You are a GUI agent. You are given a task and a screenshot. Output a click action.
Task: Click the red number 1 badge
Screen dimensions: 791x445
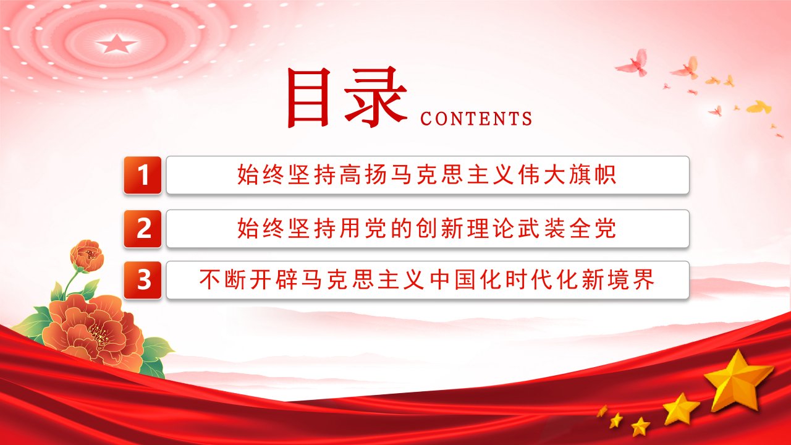pos(143,175)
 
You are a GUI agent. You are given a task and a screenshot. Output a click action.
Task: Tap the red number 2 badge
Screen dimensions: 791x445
pos(143,229)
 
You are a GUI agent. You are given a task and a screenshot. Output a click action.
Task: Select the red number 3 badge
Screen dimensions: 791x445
pos(143,280)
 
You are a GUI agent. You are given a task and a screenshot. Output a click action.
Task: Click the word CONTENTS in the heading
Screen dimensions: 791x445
pos(476,119)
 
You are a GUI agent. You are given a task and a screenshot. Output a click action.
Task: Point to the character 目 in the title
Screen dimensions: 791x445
pos(309,97)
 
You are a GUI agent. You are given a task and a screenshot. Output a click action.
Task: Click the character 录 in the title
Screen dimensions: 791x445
pos(375,97)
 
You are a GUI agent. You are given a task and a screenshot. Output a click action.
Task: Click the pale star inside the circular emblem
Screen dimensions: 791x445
pos(117,43)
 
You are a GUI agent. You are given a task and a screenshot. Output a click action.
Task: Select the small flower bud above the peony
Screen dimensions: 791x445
pos(87,256)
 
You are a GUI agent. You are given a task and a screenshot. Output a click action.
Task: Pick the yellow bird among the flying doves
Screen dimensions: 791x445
pos(759,107)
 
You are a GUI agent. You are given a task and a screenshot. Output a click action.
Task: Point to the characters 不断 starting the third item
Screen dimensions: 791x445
pos(223,280)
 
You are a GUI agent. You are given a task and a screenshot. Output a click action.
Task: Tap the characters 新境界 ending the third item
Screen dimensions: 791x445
pos(618,280)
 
